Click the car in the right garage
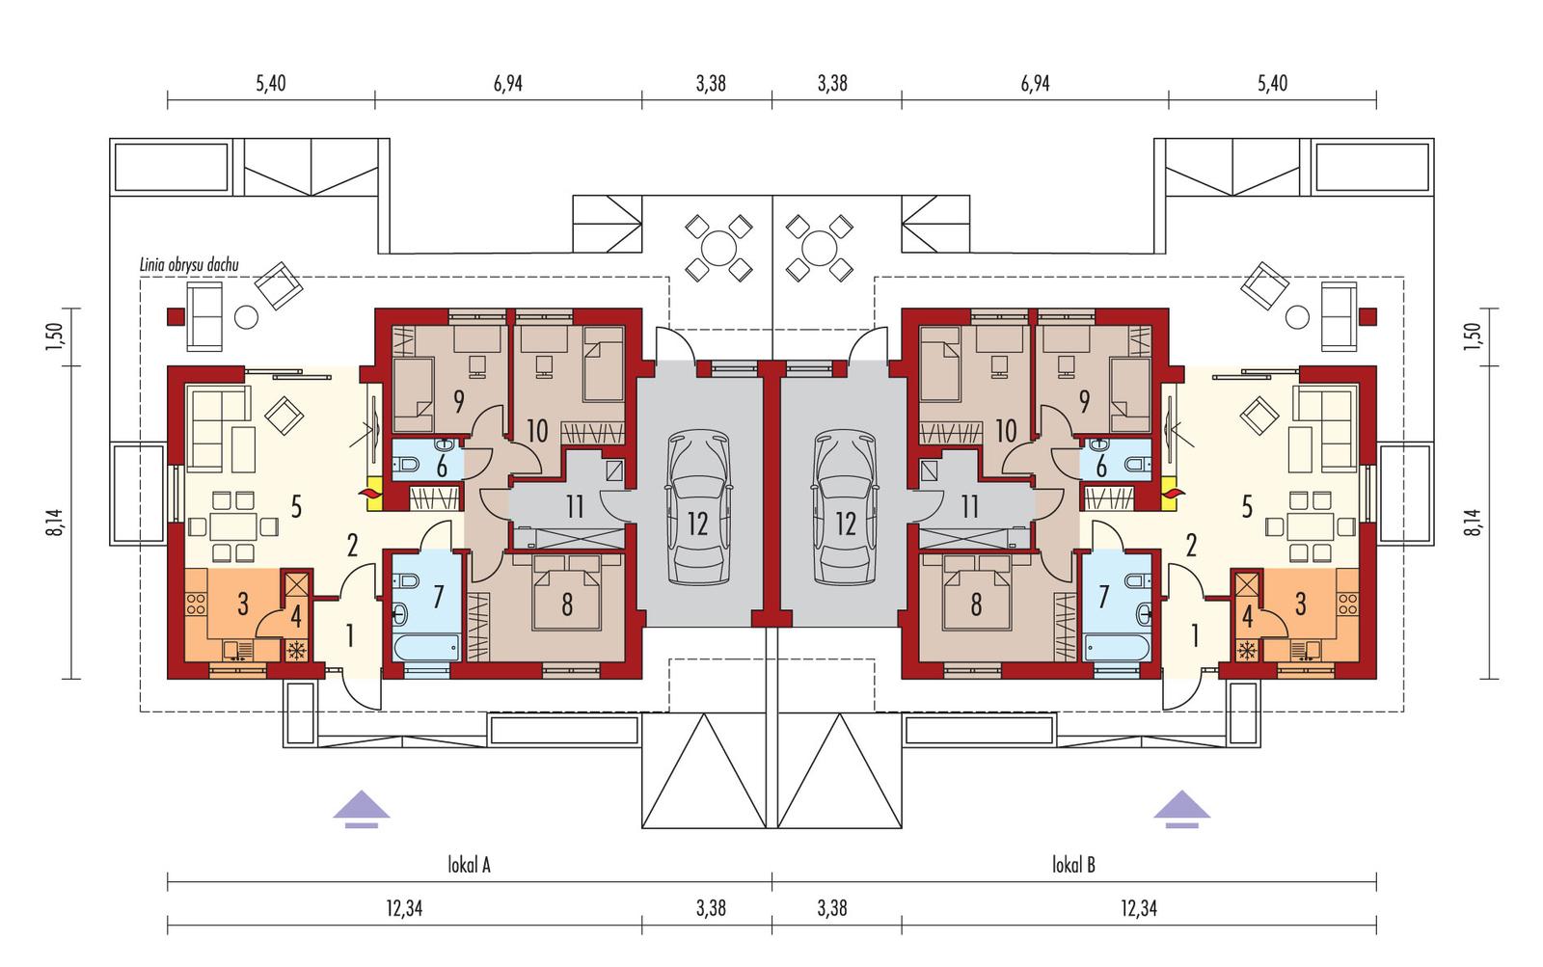pyautogui.click(x=845, y=508)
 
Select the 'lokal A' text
pyautogui.click(x=470, y=865)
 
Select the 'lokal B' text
pyautogui.click(x=1073, y=865)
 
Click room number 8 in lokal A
pyautogui.click(x=567, y=604)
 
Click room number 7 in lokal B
pyautogui.click(x=1105, y=596)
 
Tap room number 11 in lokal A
pyautogui.click(x=575, y=507)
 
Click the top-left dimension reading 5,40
pyautogui.click(x=271, y=84)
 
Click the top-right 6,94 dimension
pyautogui.click(x=1035, y=84)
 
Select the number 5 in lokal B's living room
pyautogui.click(x=1247, y=506)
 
